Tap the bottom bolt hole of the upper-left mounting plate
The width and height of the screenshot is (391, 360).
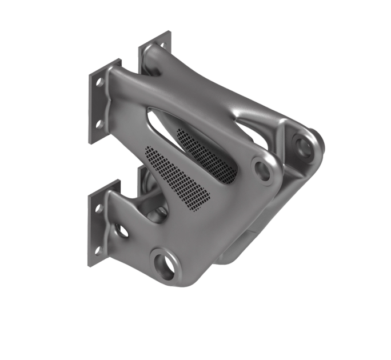click(99, 123)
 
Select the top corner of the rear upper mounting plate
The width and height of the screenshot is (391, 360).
click(169, 32)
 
